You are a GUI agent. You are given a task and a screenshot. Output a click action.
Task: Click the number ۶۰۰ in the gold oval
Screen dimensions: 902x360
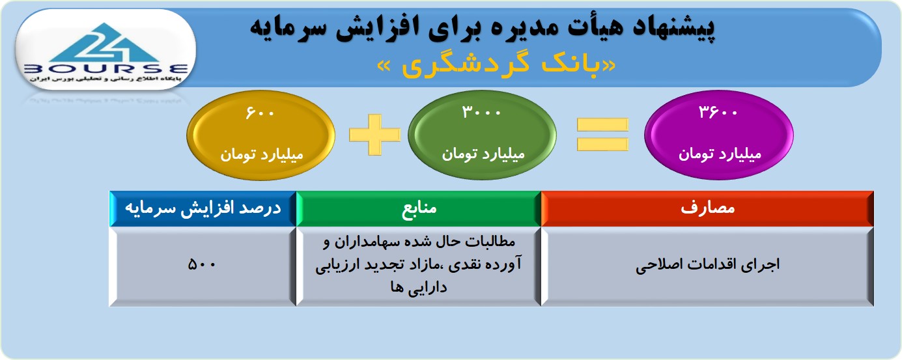tap(260, 113)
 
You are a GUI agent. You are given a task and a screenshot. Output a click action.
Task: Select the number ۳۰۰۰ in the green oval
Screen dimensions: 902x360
tap(481, 111)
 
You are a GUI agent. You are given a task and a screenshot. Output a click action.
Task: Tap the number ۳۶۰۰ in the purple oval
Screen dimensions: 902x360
tap(718, 111)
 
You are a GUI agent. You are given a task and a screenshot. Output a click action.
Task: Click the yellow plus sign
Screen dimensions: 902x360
tap(375, 135)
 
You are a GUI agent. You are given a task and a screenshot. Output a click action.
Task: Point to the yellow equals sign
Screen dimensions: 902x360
tap(602, 135)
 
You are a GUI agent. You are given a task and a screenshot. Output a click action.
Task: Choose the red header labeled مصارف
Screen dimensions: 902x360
tap(707, 208)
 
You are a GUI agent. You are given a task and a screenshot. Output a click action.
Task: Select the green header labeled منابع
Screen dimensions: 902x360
tap(419, 208)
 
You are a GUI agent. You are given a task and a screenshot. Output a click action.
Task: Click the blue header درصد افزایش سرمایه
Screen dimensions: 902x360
tap(203, 208)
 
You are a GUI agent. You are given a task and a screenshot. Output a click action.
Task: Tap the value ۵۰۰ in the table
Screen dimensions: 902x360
tap(202, 264)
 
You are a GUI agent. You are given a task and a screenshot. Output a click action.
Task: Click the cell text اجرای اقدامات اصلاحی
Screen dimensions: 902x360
tap(707, 265)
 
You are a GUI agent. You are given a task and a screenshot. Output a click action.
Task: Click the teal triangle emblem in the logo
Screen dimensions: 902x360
tap(105, 43)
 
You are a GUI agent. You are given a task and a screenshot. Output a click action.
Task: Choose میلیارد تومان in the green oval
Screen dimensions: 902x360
tap(483, 154)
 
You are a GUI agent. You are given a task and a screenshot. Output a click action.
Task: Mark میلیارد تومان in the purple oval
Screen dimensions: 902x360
tap(720, 154)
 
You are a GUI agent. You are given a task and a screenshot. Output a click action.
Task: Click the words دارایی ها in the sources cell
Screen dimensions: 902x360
tap(419, 288)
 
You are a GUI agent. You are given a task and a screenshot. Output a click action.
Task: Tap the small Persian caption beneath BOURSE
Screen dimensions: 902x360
tap(106, 79)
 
